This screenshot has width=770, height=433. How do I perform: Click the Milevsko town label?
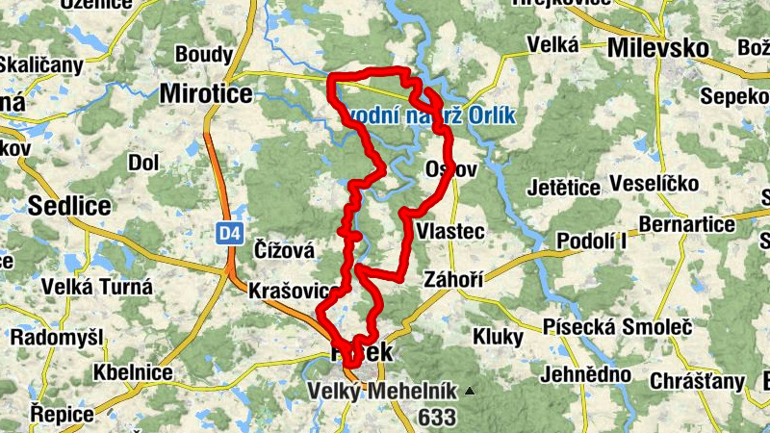(x=659, y=48)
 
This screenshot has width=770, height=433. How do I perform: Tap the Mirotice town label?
(x=205, y=93)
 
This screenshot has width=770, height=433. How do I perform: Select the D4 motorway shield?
(x=227, y=233)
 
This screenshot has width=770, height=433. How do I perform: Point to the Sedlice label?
(x=69, y=205)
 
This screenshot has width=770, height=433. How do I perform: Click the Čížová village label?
(x=284, y=250)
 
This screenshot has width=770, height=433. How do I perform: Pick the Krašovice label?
(x=294, y=290)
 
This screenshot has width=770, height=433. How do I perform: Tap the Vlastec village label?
(x=450, y=232)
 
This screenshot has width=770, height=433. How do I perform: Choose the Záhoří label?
(x=451, y=279)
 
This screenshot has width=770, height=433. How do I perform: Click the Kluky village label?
(x=498, y=337)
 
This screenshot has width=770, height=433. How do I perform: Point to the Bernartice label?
(x=686, y=225)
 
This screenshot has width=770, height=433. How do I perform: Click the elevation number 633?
(x=438, y=417)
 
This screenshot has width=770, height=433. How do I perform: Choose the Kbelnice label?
(x=127, y=372)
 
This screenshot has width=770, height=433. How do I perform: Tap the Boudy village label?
(x=203, y=54)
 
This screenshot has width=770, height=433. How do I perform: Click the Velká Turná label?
(x=96, y=286)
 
